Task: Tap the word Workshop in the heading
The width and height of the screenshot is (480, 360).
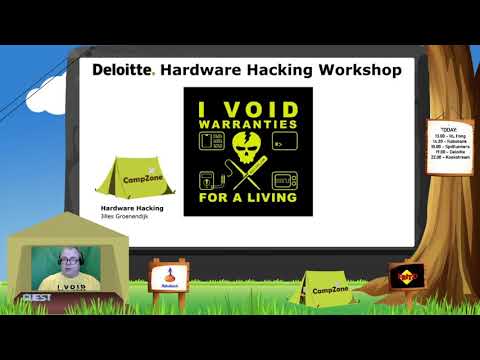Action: (354, 70)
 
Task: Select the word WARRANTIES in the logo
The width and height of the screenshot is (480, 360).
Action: (248, 126)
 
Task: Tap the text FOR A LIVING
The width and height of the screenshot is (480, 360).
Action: (248, 196)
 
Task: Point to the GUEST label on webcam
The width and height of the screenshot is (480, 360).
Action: (36, 297)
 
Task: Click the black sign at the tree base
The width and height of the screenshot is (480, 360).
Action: (405, 277)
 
